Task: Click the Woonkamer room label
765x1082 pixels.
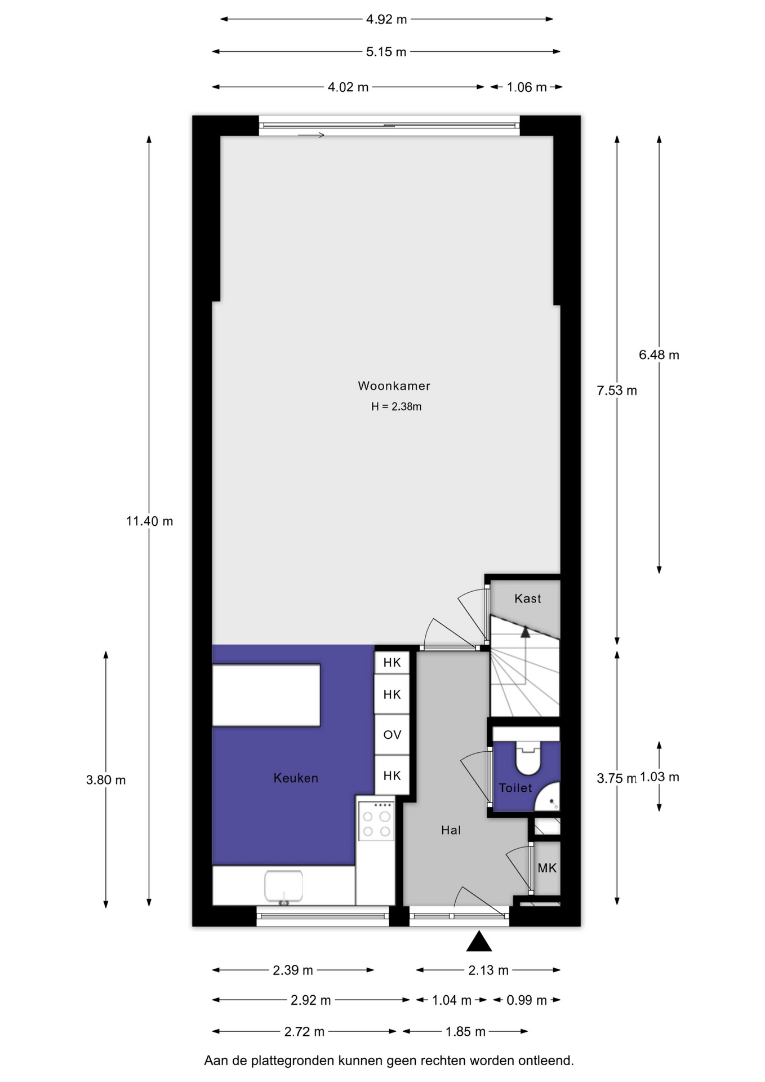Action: [x=394, y=386]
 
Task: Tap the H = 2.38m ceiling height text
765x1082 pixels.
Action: [x=396, y=406]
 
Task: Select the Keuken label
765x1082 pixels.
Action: [x=296, y=778]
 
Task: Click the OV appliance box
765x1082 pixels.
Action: [x=392, y=735]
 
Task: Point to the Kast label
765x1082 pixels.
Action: [x=527, y=598]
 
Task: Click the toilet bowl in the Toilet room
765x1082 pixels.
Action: [x=528, y=757]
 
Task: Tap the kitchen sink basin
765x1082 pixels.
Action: [x=283, y=886]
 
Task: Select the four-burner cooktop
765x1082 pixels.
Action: [x=376, y=821]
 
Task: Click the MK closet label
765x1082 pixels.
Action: [x=547, y=868]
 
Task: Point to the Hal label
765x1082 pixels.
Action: [x=451, y=830]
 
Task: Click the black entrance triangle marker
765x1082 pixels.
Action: [x=479, y=941]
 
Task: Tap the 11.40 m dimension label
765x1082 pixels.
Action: [x=149, y=521]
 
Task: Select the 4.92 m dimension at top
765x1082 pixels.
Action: [x=386, y=19]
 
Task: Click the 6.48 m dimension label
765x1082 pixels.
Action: [x=659, y=355]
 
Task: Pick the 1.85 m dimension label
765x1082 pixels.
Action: [x=465, y=1032]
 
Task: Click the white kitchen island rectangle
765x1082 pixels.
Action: [x=266, y=695]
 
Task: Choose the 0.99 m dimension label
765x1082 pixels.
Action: [x=527, y=1000]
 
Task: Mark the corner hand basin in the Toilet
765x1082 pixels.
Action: [x=549, y=797]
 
